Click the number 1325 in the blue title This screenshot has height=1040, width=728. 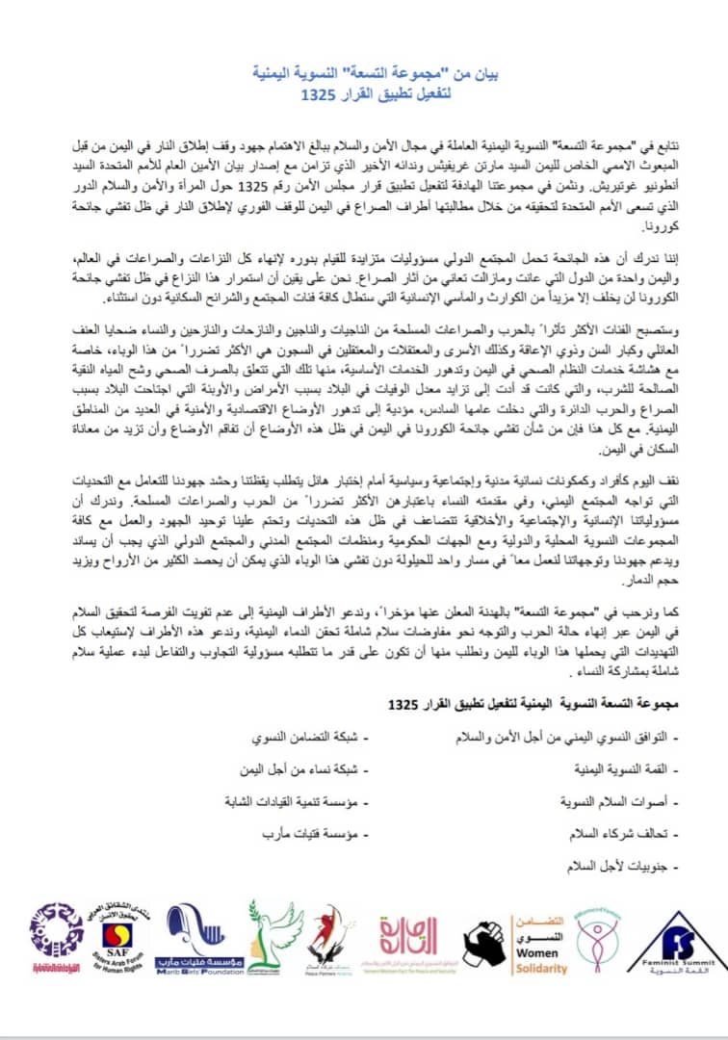coord(317,97)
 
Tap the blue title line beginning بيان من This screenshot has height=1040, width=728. coord(363,73)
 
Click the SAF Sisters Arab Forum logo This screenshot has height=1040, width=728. coord(124,941)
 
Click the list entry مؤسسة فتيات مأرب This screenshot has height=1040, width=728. coord(291,833)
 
